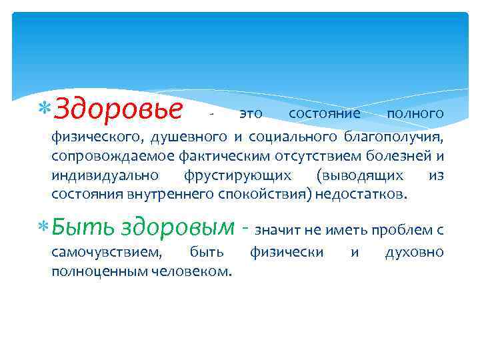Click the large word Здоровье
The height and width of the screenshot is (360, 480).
(117, 109)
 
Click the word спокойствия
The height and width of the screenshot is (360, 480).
(253, 194)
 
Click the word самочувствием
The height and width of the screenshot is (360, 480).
(106, 253)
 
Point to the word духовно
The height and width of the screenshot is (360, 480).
(414, 253)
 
